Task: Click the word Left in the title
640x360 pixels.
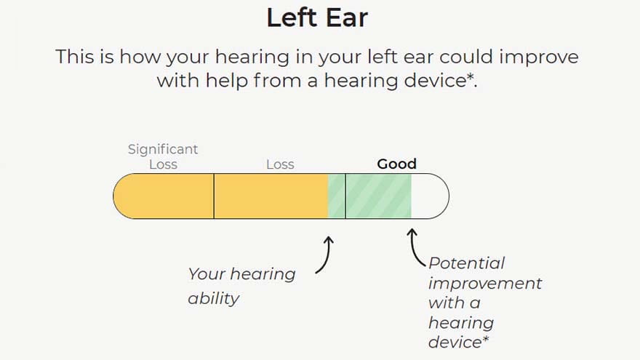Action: tap(291, 17)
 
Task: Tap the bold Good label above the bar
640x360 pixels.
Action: tap(397, 164)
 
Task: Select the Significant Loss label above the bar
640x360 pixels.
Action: tap(163, 156)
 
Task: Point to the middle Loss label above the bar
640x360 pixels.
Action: tap(280, 164)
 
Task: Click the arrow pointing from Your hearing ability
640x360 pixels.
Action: tap(327, 255)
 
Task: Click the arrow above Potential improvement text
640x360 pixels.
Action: tap(415, 247)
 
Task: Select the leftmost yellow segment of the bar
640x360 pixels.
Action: tap(164, 196)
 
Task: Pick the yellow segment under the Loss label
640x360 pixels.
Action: tap(271, 196)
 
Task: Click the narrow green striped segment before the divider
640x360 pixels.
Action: tap(336, 196)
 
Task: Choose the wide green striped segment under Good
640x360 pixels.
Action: tap(378, 196)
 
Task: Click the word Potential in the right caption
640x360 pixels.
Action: tap(466, 263)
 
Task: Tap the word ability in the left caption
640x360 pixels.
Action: tap(214, 298)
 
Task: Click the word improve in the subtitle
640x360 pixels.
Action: tap(539, 57)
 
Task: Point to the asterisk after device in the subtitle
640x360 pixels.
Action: tap(471, 76)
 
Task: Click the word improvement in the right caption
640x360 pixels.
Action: tap(485, 283)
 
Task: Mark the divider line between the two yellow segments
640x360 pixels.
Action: tap(214, 196)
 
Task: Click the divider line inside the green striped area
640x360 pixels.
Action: tap(345, 196)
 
